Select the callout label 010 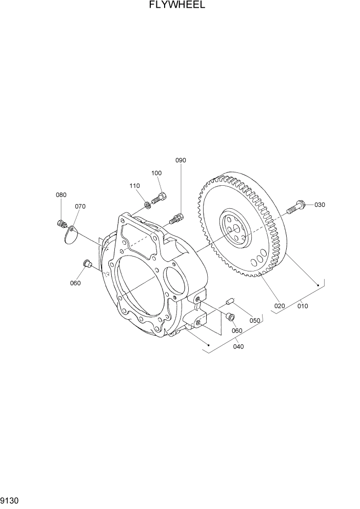302,306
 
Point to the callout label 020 279,306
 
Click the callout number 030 319,205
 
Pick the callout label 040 238,346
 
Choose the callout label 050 255,320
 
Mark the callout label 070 80,206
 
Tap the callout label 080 61,195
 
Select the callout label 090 181,160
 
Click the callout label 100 156,173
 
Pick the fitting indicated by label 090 176,218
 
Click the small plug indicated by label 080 63,224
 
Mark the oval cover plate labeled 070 71,234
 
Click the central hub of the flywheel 235,230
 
